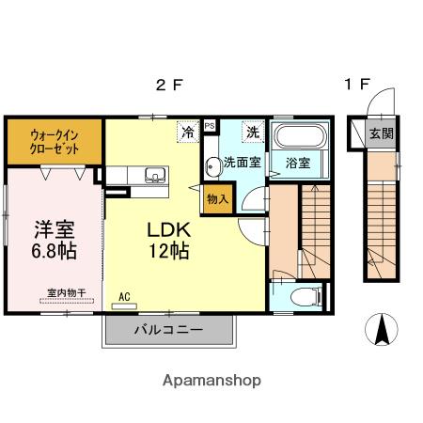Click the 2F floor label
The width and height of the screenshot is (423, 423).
[x=169, y=85]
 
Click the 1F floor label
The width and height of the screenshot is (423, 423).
[x=355, y=85]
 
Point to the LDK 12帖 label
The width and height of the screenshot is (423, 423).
[x=168, y=240]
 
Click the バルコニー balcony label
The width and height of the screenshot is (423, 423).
[x=167, y=330]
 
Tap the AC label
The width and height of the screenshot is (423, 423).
[x=124, y=298]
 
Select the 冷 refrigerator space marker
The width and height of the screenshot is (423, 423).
[x=189, y=133]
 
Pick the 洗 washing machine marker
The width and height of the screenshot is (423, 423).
[x=252, y=133]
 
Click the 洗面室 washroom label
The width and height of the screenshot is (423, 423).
[x=243, y=163]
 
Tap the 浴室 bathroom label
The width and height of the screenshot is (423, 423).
[x=300, y=163]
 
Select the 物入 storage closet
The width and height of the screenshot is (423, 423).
[x=217, y=199]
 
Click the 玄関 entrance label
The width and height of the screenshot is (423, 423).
[x=381, y=133]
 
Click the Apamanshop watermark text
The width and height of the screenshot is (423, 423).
[x=211, y=381]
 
